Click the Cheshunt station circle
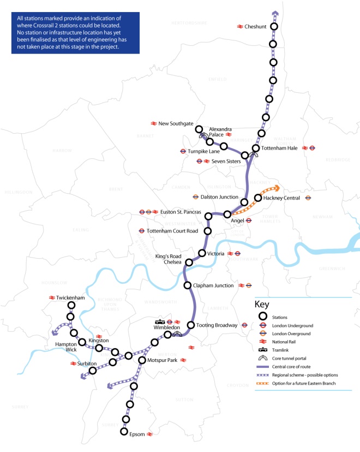point(274,27)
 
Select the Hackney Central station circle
point(258,198)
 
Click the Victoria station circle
point(202,253)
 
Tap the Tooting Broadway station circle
point(191,325)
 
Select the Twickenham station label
point(70,298)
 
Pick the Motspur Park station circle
point(142,360)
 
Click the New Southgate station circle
point(199,129)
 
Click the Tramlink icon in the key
point(262,350)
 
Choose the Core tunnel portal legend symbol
point(262,358)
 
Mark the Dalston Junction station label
point(220,197)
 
